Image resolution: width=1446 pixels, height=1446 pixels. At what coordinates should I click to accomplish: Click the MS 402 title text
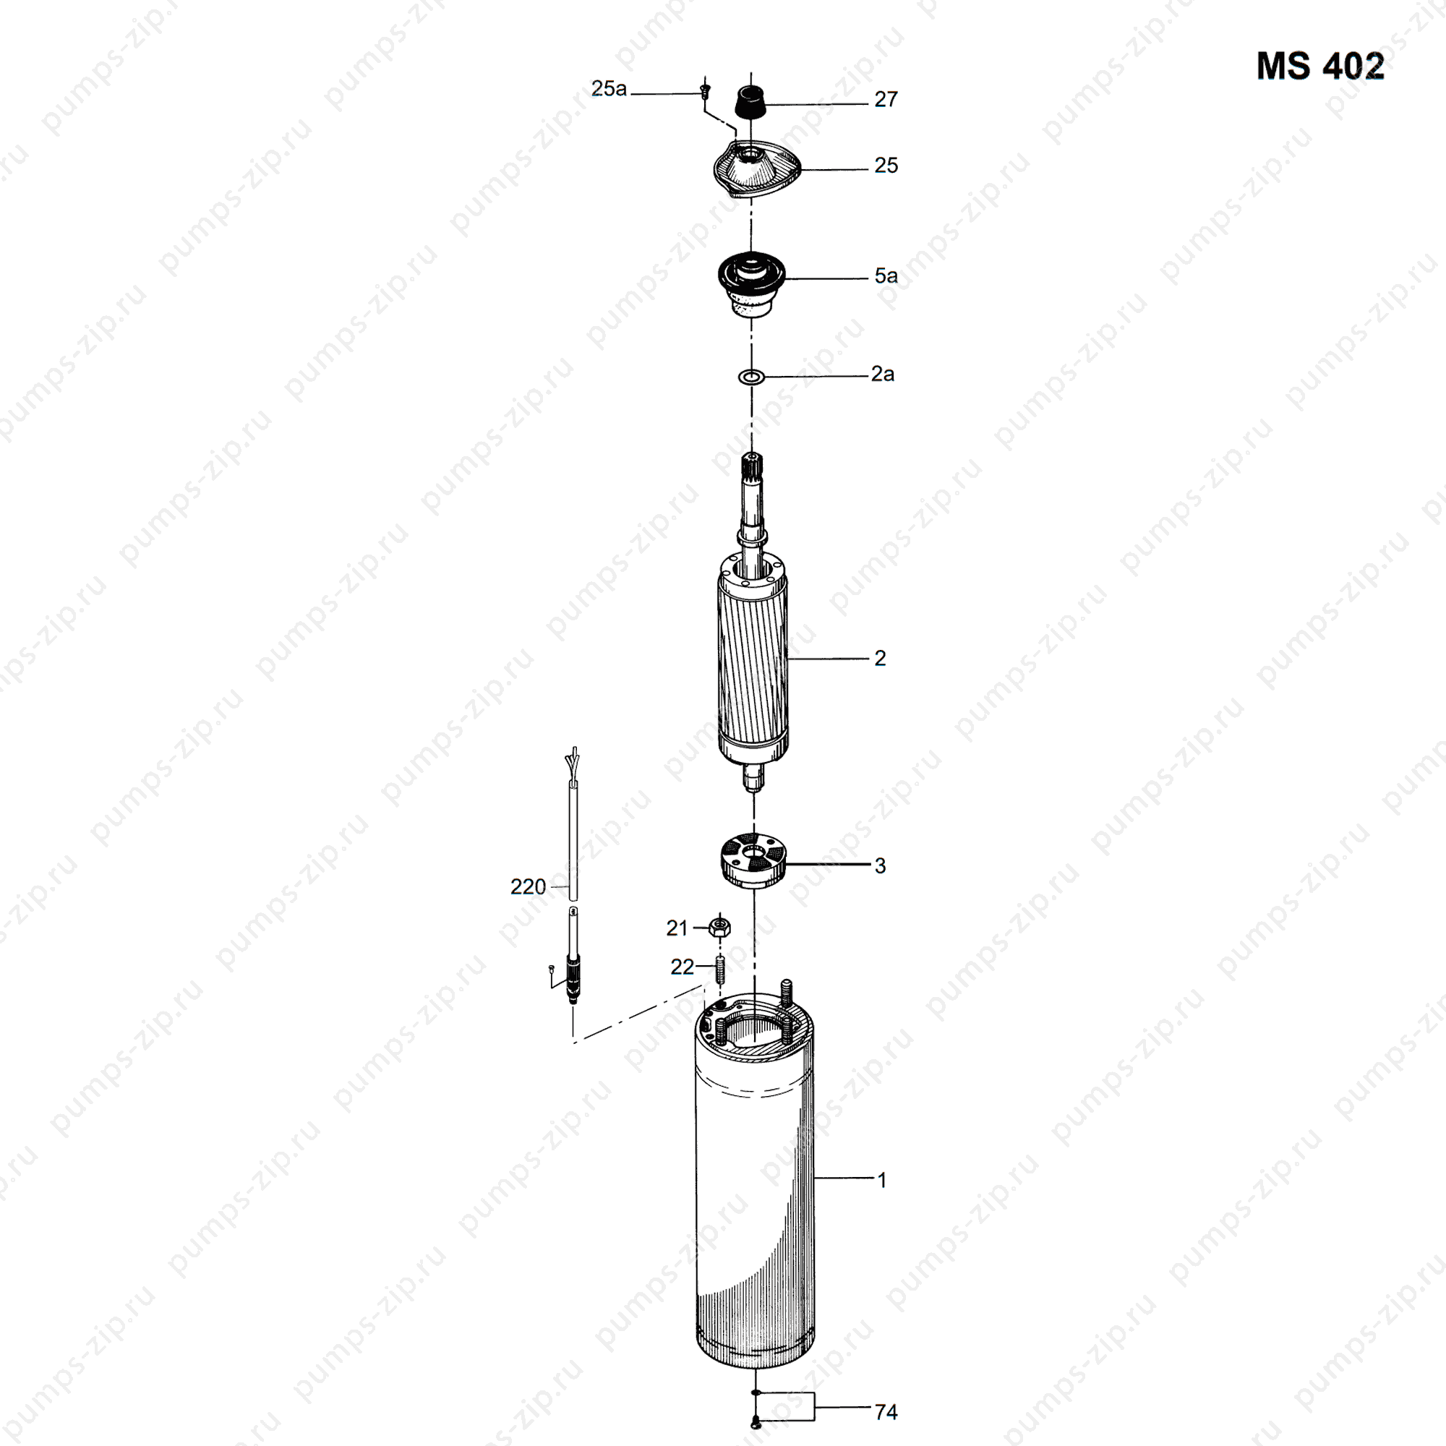click(x=1320, y=66)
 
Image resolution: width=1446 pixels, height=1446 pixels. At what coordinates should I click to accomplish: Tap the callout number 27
click(x=886, y=100)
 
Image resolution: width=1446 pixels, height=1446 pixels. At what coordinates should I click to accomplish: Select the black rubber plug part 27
click(x=751, y=101)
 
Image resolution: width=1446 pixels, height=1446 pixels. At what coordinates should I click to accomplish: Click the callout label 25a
click(x=609, y=88)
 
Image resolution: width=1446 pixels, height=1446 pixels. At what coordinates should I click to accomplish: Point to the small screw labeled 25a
click(x=703, y=91)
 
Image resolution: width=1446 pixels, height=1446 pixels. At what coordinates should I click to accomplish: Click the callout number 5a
click(x=886, y=275)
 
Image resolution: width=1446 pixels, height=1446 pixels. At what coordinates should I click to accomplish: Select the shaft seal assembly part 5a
click(x=751, y=283)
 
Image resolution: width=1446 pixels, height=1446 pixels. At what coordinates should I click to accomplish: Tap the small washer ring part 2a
click(x=751, y=377)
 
